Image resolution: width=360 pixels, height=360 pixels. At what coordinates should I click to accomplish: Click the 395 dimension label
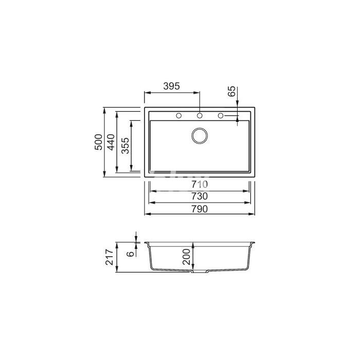tap(171, 86)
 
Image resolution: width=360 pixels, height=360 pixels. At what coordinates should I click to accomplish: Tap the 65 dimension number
tap(231, 91)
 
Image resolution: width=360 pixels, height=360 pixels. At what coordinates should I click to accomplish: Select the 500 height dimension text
tap(99, 142)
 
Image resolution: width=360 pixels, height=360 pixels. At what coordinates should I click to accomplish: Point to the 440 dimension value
tap(111, 142)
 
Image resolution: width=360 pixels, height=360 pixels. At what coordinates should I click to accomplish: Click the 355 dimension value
tap(125, 146)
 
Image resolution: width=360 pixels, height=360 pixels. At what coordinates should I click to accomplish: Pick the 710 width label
tap(200, 184)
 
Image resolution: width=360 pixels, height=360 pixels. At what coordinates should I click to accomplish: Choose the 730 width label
tap(200, 196)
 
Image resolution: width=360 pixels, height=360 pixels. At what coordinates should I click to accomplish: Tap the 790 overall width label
tap(200, 209)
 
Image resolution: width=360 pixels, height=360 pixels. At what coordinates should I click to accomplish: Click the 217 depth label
tap(110, 257)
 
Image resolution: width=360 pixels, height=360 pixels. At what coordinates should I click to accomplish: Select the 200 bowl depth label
tap(187, 257)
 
